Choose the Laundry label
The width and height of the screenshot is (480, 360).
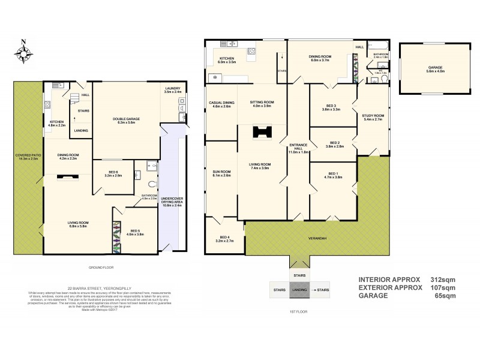pyautogui.click(x=172, y=90)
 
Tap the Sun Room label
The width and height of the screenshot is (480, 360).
pyautogui.click(x=221, y=173)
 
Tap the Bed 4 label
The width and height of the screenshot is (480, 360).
pyautogui.click(x=224, y=239)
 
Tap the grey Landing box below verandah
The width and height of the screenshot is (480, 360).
pyautogui.click(x=298, y=290)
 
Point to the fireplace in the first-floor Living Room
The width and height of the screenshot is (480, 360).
pyautogui.click(x=260, y=133)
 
